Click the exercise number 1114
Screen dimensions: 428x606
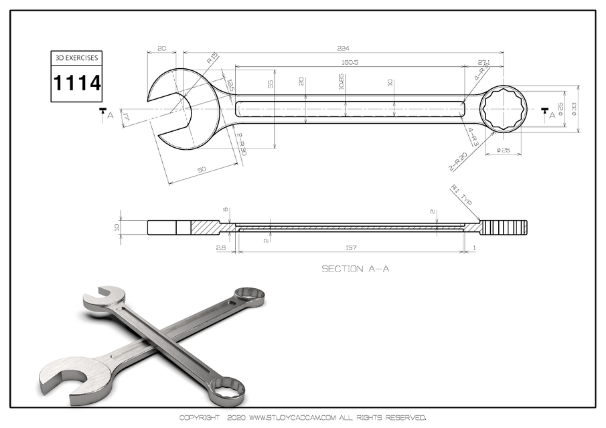click(77, 84)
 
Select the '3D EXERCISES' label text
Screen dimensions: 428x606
click(77, 58)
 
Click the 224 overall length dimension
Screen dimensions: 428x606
click(345, 48)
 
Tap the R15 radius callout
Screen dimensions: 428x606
click(212, 60)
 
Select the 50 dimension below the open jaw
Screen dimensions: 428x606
click(202, 171)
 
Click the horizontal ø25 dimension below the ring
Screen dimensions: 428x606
click(503, 150)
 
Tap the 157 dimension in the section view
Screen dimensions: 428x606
click(351, 247)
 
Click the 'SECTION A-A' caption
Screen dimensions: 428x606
click(356, 269)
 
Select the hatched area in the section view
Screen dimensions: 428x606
click(205, 227)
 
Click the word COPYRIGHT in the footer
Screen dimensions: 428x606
click(199, 417)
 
